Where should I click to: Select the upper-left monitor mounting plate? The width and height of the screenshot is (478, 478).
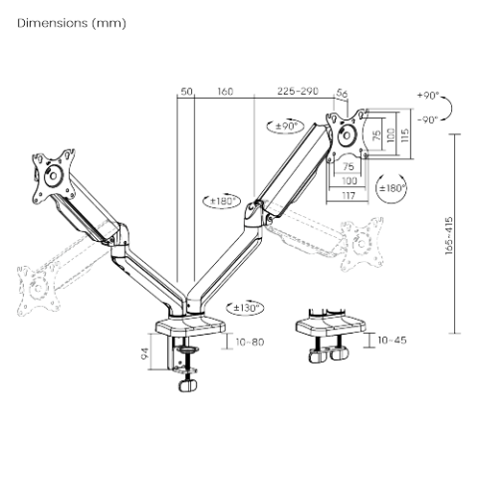coord(51,174)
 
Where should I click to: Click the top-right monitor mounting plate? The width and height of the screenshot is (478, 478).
coord(349,133)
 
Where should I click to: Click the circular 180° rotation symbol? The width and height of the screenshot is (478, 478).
coord(393,186)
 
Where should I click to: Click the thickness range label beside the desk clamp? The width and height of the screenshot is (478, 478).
coord(250,344)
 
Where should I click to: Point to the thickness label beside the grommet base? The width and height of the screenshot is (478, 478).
coord(392,342)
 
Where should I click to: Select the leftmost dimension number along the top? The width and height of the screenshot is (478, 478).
coord(186,93)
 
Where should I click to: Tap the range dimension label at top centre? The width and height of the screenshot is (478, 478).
coord(296,93)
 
